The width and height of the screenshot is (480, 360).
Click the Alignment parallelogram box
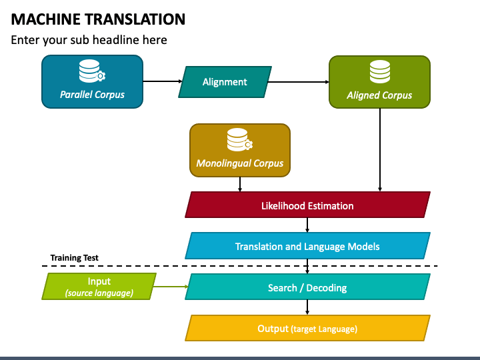225,82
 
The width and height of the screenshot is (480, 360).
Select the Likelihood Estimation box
307,205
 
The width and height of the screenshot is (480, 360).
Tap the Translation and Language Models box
307,246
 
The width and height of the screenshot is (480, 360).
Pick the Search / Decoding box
307,287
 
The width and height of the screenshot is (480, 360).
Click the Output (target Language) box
307,328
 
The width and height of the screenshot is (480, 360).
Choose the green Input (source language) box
99,286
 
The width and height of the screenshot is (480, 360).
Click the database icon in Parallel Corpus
92,71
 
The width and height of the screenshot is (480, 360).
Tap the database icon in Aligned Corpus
380,71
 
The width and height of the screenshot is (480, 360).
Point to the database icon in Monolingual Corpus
240,139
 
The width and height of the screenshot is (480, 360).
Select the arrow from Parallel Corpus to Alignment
163,81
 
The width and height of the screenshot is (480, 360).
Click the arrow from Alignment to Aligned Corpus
299,82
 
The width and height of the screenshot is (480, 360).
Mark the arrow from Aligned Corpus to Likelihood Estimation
380,150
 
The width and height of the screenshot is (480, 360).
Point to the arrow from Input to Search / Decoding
171,287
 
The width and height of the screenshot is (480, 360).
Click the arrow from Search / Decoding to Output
307,307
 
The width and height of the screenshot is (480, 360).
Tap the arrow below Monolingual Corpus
240,184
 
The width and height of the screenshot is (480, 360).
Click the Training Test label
75,258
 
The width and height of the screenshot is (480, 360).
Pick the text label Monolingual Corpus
240,163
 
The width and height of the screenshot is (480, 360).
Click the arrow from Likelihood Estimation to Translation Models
307,225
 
